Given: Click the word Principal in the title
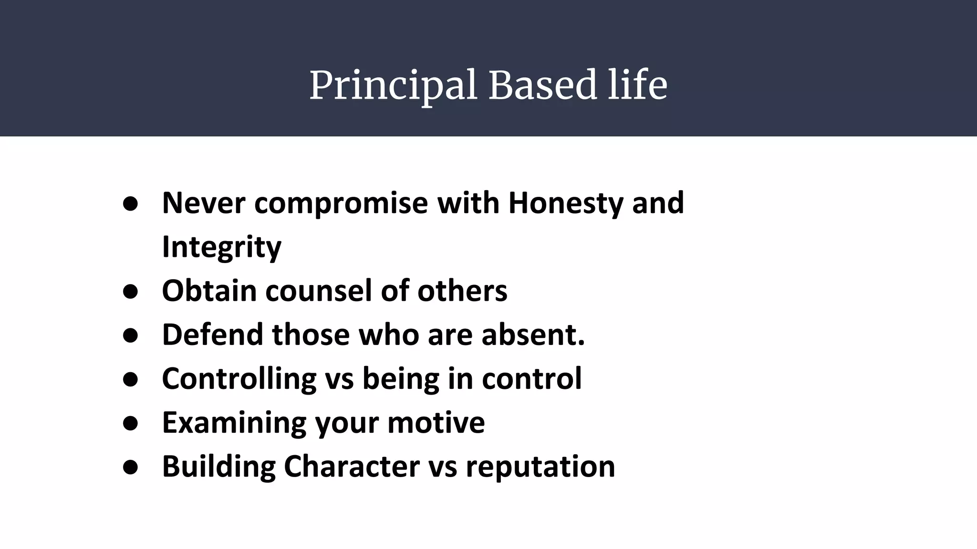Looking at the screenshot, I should click(x=393, y=86).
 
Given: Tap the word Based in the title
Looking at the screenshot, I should click(x=542, y=85).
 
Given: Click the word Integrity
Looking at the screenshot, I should click(x=222, y=247).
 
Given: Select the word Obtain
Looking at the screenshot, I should click(x=209, y=291).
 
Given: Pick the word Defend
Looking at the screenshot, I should click(x=212, y=335).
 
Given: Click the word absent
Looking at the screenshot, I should click(x=532, y=335).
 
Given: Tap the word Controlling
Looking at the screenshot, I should click(x=239, y=379).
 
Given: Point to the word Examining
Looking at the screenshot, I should click(x=234, y=423).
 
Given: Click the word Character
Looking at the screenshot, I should click(x=352, y=466).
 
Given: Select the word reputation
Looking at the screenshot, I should click(x=540, y=467).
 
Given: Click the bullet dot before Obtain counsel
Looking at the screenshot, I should click(x=130, y=292).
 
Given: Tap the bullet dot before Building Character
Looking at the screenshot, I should click(x=130, y=467).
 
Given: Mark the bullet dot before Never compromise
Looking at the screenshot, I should click(x=130, y=204).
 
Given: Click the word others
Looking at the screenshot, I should click(x=462, y=291).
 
